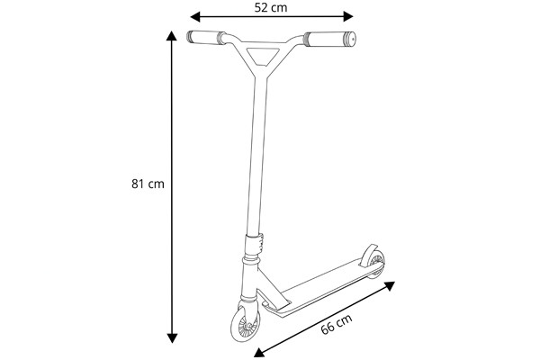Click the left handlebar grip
pos(207,38)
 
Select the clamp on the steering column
pos(256,243)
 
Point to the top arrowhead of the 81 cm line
pos(172,36)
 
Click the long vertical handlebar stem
pos(257,153)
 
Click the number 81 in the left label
pos(139,184)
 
